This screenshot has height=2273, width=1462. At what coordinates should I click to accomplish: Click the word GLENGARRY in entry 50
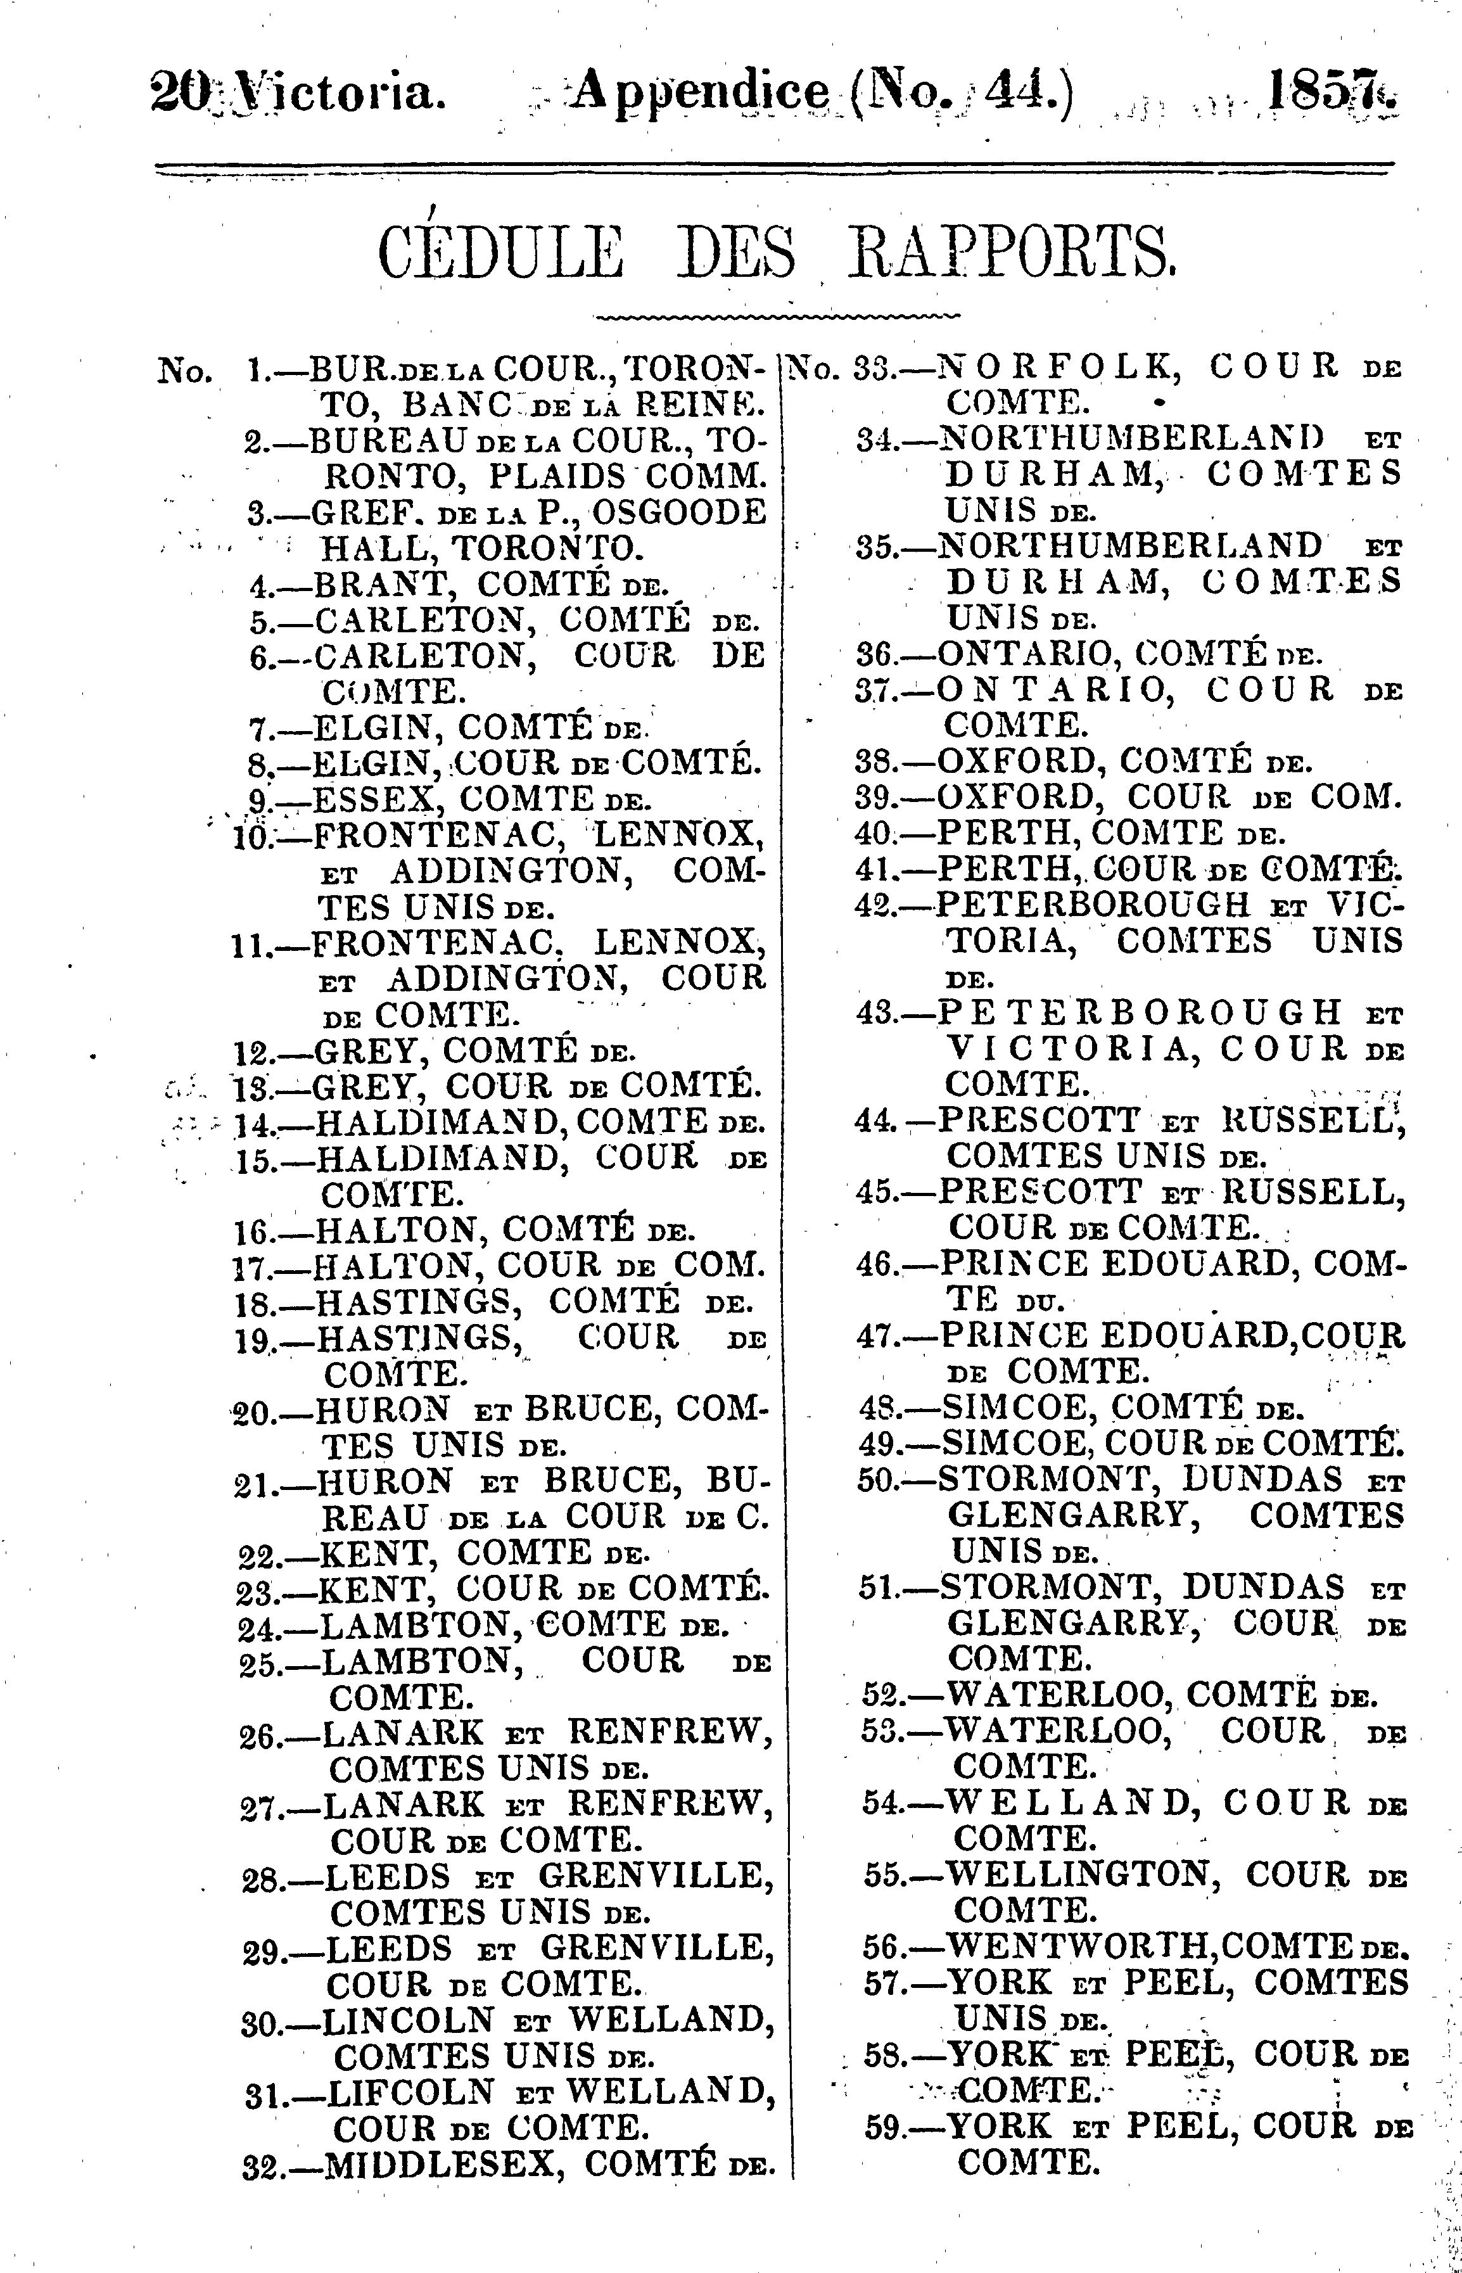[x=1068, y=1516]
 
